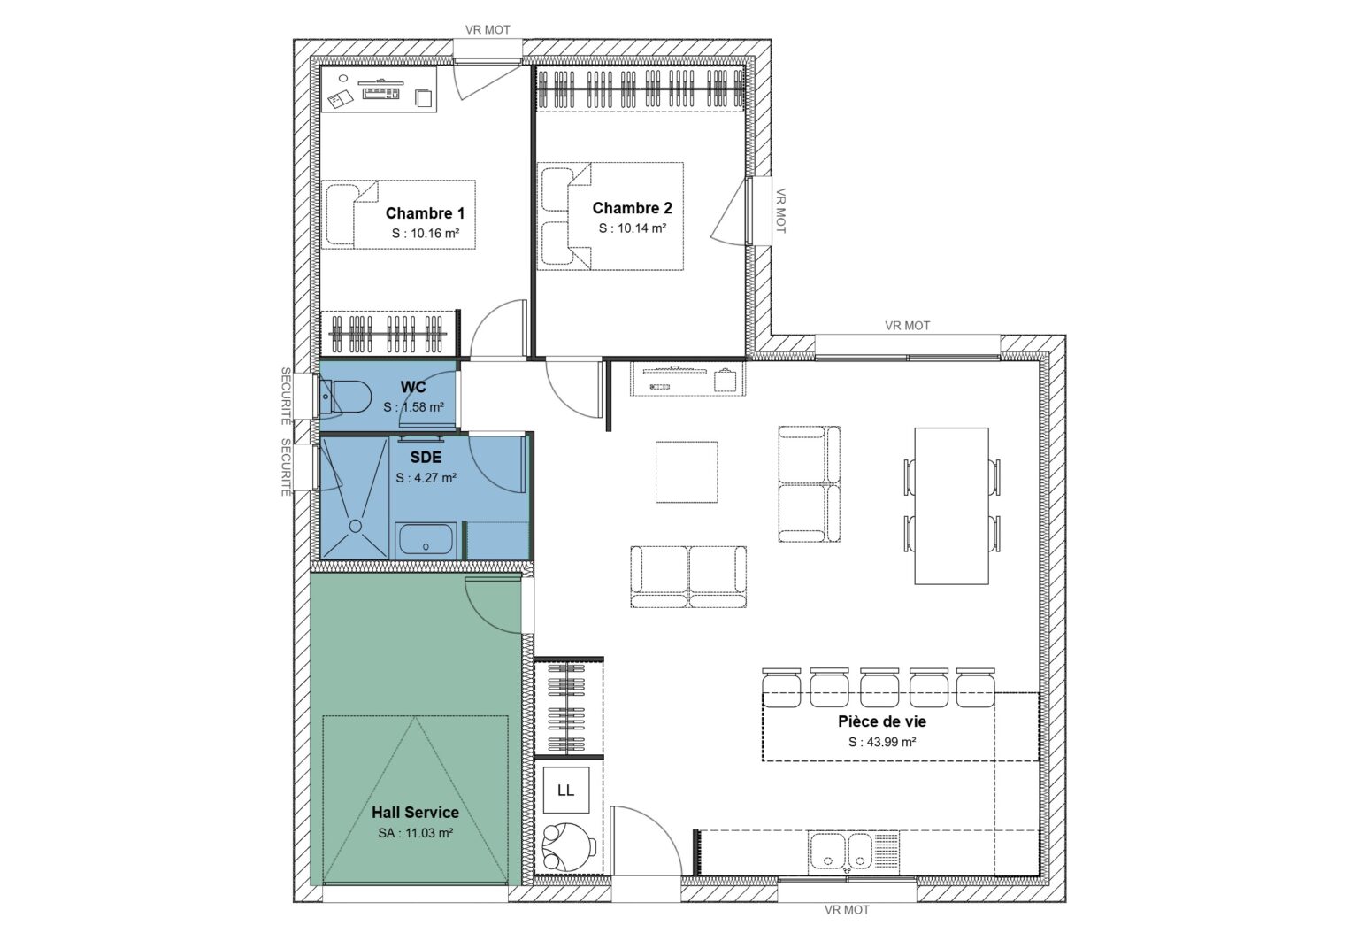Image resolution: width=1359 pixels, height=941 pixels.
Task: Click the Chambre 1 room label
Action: coord(425,213)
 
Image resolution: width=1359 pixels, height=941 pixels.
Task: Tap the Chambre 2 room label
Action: coord(632,208)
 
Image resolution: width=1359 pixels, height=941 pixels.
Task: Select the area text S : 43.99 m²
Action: coord(881,742)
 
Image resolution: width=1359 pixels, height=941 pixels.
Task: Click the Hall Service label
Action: coord(415,812)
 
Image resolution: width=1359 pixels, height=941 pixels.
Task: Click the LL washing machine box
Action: coord(565,790)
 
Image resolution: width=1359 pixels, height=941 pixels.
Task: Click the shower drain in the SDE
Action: coord(356,525)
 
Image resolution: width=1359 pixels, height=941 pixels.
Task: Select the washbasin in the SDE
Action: coord(426,539)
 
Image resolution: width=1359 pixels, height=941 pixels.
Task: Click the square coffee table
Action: coord(687,471)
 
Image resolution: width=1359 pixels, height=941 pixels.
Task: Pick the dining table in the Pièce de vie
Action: coord(951,505)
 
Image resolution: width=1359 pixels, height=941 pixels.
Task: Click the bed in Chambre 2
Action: coord(610,215)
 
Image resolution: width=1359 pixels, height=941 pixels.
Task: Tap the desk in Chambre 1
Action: coord(379,93)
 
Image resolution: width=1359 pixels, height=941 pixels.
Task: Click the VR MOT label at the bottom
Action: coord(846,909)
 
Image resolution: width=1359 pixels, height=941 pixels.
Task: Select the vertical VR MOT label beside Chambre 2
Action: coord(780,211)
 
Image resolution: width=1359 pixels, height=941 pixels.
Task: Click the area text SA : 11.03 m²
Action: coord(415,832)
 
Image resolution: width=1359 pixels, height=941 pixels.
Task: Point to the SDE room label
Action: coord(426,458)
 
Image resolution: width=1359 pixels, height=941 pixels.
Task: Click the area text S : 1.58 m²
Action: coord(413,407)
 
